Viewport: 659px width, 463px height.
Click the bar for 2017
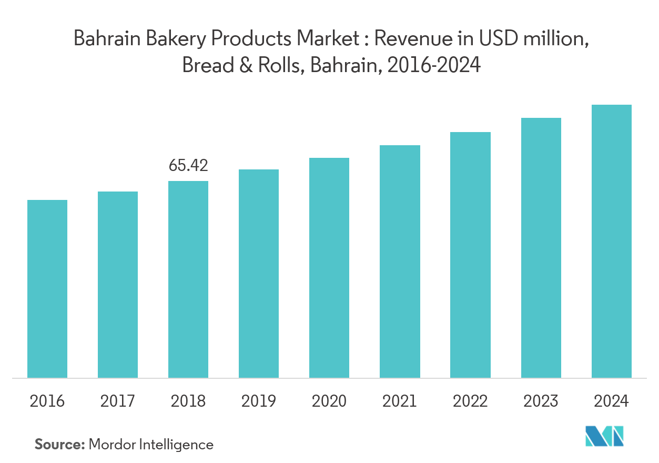(118, 284)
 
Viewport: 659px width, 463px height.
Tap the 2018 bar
(188, 279)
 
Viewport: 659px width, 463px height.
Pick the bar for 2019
(259, 273)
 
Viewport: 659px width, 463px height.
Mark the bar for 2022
(471, 255)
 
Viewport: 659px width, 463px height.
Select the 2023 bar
(541, 247)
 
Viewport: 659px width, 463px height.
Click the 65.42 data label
(188, 166)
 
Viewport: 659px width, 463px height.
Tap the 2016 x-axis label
(47, 401)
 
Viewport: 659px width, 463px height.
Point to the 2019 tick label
(259, 401)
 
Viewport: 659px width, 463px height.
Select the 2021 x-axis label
(400, 401)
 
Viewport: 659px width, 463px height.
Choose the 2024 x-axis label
(612, 401)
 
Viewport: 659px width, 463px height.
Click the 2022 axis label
(471, 401)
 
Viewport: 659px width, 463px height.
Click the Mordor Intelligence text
(151, 445)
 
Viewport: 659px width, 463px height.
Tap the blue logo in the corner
(605, 436)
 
